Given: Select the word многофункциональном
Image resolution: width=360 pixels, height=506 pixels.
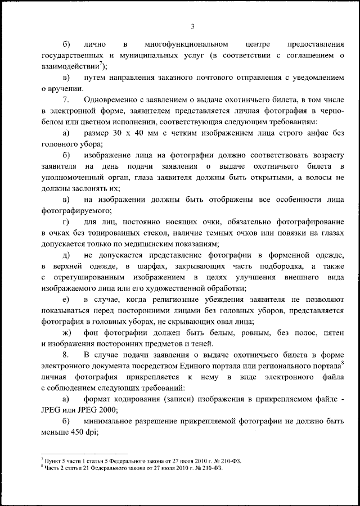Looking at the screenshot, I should pos(185,44).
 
